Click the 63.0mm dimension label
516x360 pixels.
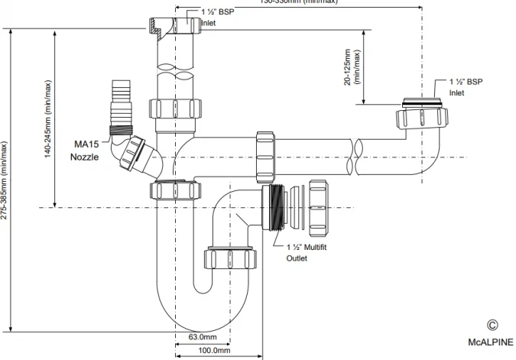(203, 337)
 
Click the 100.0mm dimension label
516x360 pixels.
(215, 351)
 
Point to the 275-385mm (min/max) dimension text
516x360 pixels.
(7, 180)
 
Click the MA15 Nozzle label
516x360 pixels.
(85, 150)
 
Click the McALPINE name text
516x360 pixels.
(491, 343)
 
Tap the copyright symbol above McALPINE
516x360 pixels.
(492, 325)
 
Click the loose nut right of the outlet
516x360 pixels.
(319, 205)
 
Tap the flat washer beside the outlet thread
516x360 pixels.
(300, 205)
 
